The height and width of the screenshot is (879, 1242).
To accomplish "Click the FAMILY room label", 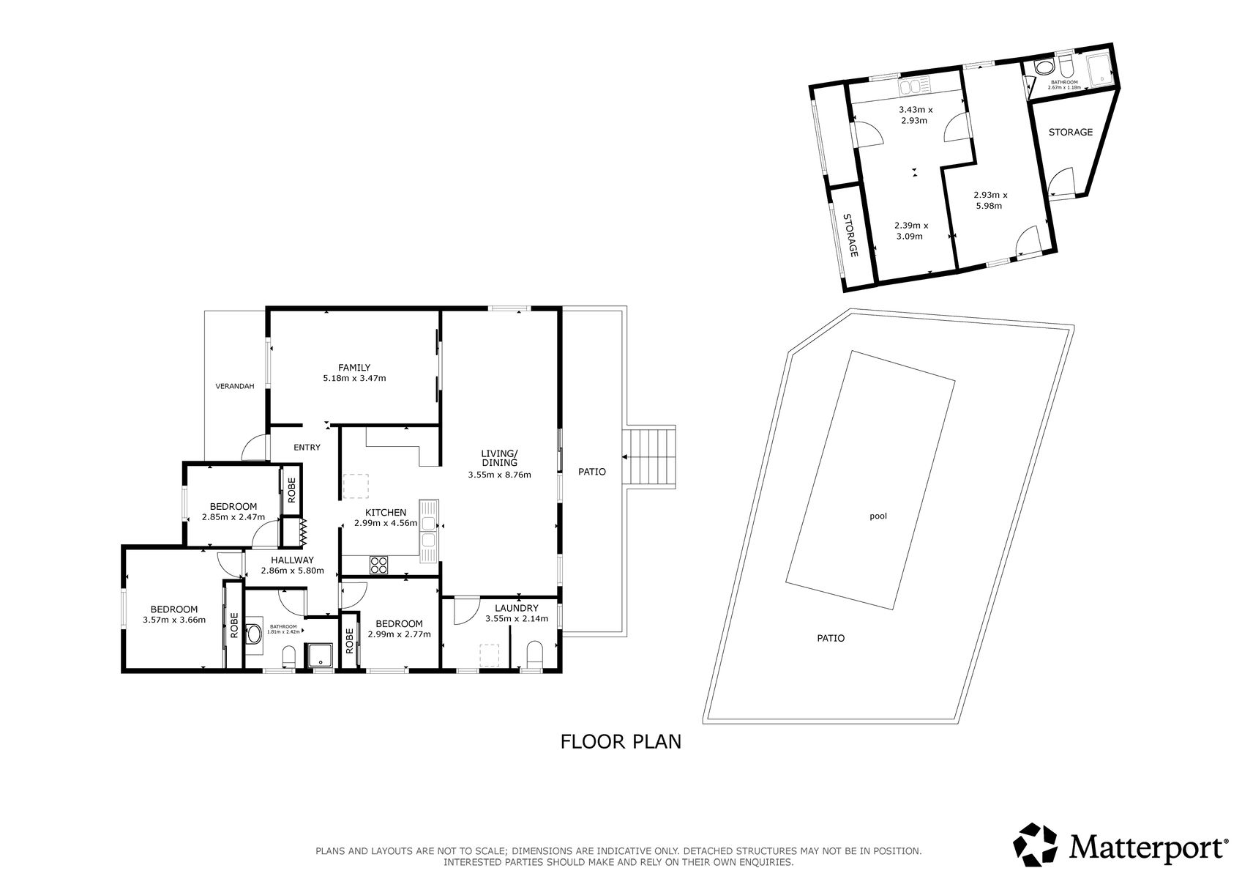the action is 354,368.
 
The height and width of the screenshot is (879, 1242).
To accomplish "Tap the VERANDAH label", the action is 234,386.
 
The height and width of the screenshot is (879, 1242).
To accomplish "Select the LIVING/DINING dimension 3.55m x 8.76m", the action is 500,475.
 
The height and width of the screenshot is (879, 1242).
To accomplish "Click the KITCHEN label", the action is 386,513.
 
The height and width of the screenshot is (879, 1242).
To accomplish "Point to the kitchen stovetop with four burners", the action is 378,565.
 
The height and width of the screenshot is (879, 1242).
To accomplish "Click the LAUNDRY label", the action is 516,608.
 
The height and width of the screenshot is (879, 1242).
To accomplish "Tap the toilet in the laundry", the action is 535,654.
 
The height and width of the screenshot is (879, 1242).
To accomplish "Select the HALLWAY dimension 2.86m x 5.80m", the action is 292,571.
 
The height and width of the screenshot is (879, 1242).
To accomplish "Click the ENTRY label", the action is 307,448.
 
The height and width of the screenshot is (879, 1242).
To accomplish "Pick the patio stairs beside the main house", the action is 650,457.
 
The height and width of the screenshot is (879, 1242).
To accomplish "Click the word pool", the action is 878,516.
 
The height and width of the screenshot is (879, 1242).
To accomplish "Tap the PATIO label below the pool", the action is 831,638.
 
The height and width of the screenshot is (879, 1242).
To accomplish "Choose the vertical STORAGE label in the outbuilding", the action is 850,234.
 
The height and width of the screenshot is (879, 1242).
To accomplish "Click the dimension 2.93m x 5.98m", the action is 990,200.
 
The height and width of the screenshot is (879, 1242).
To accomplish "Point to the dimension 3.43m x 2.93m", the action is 916,115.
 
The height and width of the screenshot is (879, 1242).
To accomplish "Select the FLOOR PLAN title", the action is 621,742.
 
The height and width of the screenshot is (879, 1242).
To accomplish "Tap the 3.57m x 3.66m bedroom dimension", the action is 174,620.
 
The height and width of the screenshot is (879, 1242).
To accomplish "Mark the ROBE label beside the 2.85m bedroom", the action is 291,489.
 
